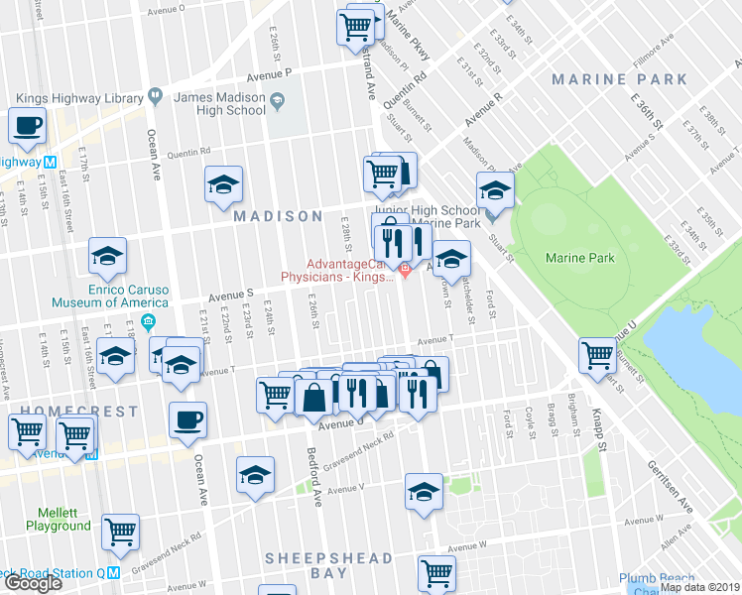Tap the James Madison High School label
coord(219,103)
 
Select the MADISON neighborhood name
coord(278,216)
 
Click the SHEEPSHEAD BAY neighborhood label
coord(328,566)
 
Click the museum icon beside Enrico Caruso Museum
coord(147,321)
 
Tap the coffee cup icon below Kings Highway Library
coord(27,126)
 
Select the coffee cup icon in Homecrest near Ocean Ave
coord(187,419)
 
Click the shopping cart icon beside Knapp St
coord(598,355)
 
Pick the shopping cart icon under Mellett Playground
coord(121,530)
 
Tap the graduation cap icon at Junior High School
coord(495,188)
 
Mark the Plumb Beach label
coord(651,578)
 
